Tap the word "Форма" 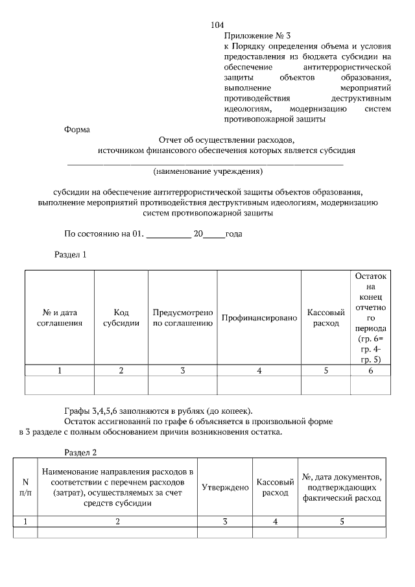tap(77, 130)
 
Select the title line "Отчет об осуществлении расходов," tap(226, 140)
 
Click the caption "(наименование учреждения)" tap(207, 172)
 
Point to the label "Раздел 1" tap(69, 255)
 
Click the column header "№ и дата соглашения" tap(59, 317)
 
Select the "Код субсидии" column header tap(121, 317)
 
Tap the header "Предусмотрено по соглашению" tap(183, 317)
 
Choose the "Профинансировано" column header tap(259, 318)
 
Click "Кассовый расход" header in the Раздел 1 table tap(326, 317)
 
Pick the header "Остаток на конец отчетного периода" tap(370, 317)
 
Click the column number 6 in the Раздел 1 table tap(370, 370)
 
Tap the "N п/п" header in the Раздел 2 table tap(26, 487)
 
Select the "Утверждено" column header tap(225, 487)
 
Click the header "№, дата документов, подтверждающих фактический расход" tap(342, 488)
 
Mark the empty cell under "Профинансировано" tap(259, 385)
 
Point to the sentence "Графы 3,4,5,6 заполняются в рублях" tap(158, 409)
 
